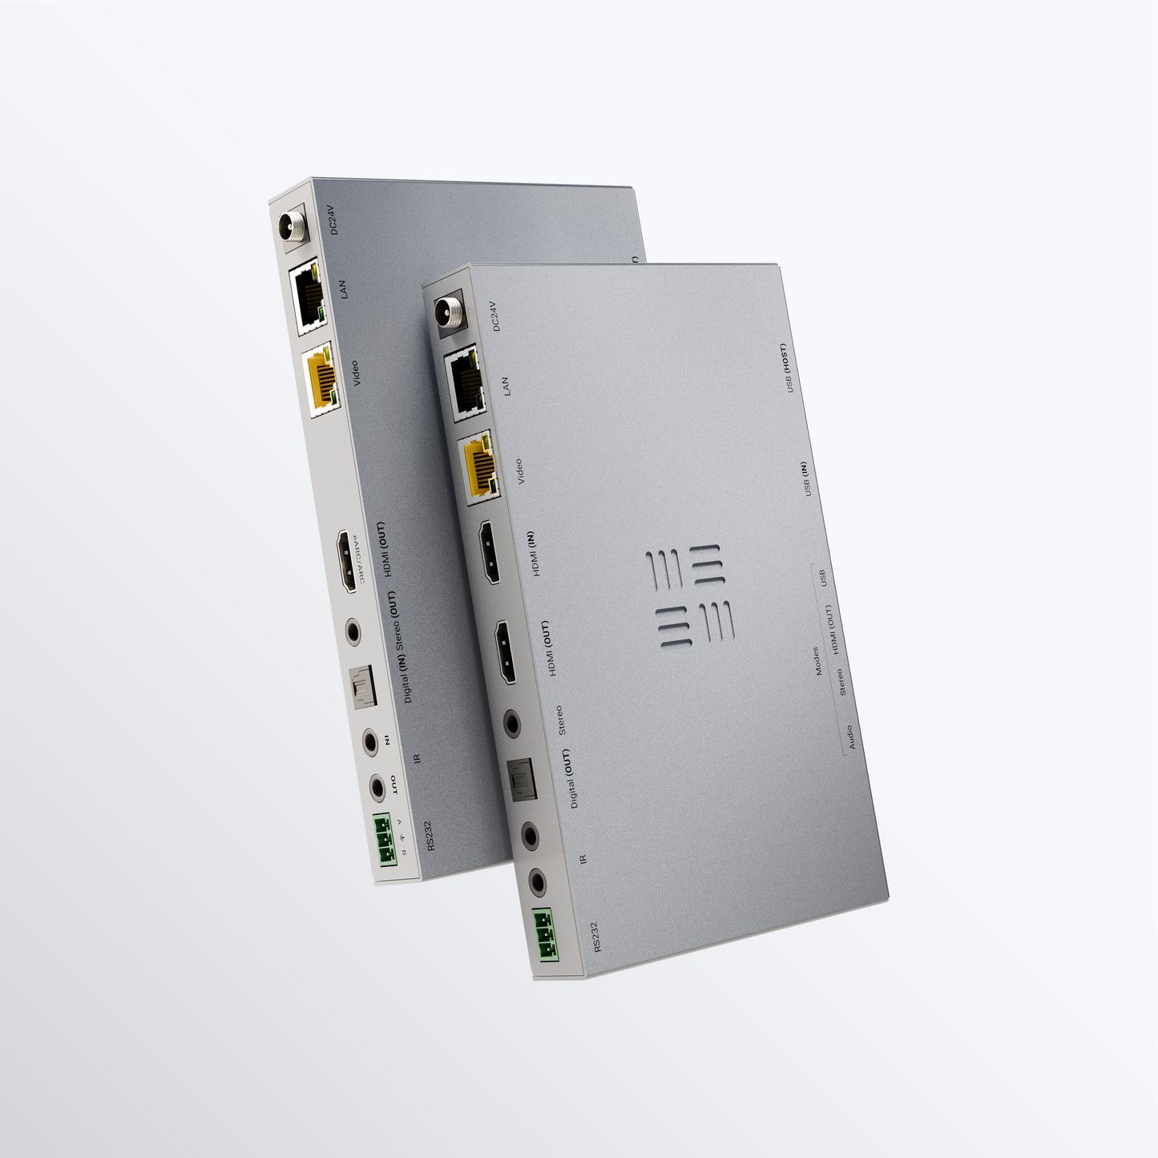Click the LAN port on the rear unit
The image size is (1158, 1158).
(x=307, y=294)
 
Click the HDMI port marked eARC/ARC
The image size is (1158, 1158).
(x=347, y=560)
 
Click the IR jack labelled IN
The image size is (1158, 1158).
(x=370, y=741)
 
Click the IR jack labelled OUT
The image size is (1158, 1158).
(x=377, y=788)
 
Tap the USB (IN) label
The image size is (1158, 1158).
(x=805, y=479)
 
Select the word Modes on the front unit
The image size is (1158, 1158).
(x=817, y=661)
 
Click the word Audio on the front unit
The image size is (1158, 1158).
(x=850, y=736)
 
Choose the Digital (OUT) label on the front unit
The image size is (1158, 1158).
(x=568, y=778)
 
